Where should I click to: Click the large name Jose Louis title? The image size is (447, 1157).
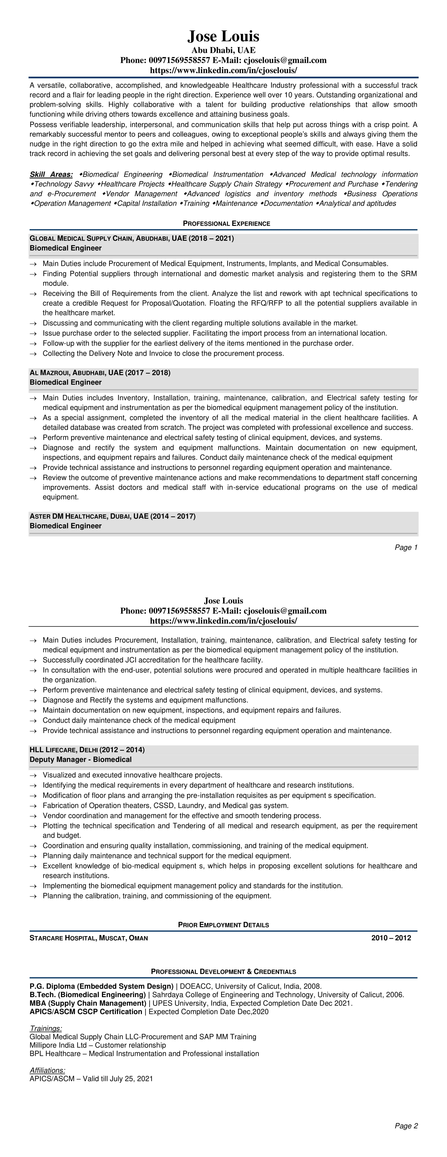[223, 36]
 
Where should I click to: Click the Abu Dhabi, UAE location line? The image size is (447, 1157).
[223, 50]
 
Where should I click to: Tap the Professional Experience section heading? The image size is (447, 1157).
[226, 223]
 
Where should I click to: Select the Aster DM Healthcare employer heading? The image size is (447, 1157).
[112, 516]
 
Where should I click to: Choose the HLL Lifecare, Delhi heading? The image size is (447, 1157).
[87, 750]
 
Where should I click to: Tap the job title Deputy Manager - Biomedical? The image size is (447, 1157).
[80, 759]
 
